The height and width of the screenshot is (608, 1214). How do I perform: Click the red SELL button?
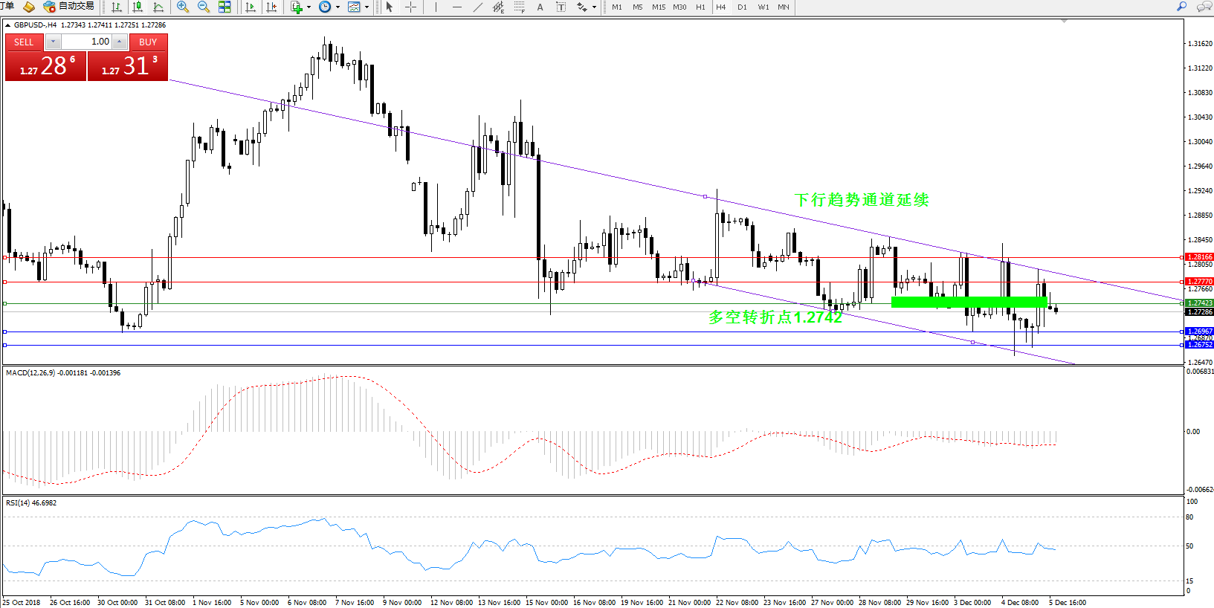(x=24, y=42)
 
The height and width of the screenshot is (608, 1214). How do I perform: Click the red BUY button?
(x=147, y=42)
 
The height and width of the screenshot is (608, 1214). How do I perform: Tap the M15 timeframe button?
(x=659, y=7)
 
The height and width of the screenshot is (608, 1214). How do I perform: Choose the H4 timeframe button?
(x=720, y=7)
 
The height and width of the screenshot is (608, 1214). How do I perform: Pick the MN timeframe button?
(x=784, y=7)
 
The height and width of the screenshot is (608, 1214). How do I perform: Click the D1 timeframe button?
(x=742, y=7)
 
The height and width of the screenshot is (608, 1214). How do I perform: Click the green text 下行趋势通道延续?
(x=862, y=200)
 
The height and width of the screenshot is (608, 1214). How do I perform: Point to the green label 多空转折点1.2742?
(x=775, y=317)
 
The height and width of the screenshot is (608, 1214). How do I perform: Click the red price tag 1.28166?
(x=1199, y=257)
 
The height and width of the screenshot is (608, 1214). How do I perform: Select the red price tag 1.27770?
(x=1199, y=282)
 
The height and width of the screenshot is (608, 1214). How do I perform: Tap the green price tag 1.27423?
(x=1199, y=303)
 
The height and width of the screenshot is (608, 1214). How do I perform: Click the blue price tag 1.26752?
(x=1199, y=345)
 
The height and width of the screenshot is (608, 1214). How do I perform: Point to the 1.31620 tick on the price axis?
(x=1199, y=44)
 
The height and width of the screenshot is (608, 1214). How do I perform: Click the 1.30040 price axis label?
(x=1199, y=142)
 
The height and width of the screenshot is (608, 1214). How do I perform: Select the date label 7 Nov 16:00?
(x=355, y=603)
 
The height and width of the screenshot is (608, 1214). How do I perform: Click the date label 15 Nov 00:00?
(x=546, y=603)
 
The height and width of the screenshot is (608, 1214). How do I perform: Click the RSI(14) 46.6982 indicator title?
(x=31, y=503)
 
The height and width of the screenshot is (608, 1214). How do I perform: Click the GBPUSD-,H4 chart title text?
(x=35, y=25)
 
